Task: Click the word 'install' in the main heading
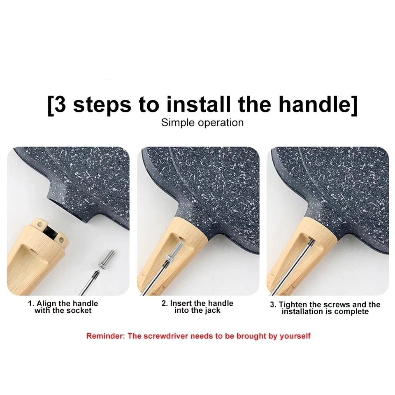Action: coord(198,104)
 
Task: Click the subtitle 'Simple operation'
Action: coord(202,123)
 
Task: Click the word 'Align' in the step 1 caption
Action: coord(46,304)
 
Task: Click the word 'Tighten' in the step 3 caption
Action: coord(293,304)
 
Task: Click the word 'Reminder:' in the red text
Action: coord(106,336)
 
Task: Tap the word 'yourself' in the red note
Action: coord(295,336)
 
